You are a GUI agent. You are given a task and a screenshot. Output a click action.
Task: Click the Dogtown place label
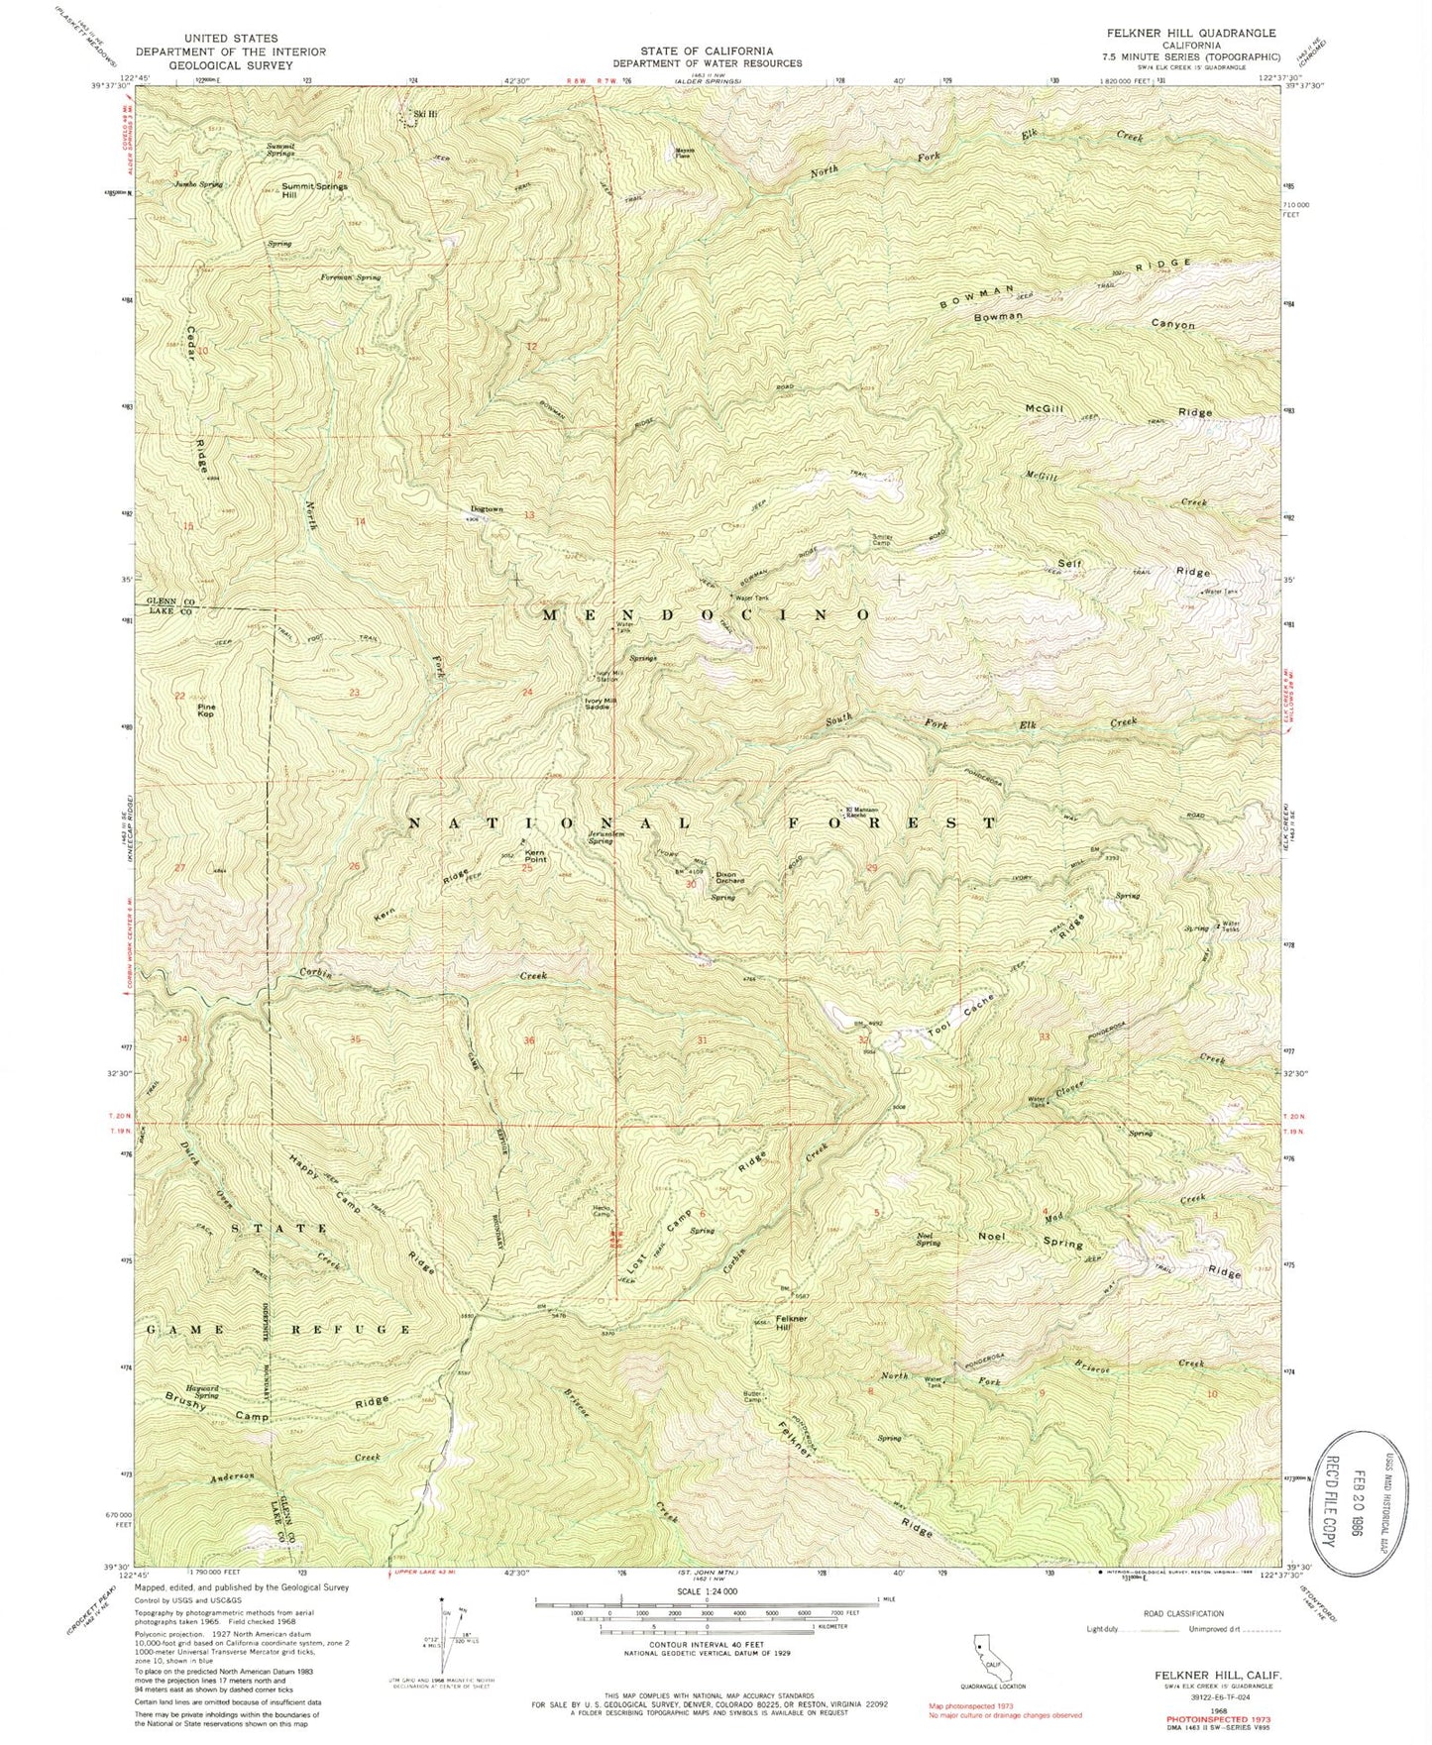pos(487,509)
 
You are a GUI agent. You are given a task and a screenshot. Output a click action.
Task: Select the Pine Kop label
pos(206,709)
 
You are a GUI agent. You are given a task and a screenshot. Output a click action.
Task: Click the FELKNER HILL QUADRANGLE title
pos(1207,33)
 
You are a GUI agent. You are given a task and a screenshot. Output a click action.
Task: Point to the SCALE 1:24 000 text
pos(706,1597)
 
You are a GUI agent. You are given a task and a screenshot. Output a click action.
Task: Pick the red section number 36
pos(530,1040)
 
